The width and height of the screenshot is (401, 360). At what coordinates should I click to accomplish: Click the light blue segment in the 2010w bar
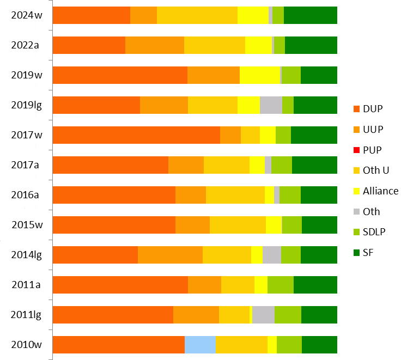pos(200,345)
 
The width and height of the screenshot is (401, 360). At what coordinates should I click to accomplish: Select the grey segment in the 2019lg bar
pos(271,105)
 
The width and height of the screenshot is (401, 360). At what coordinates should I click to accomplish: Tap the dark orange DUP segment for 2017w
pos(136,135)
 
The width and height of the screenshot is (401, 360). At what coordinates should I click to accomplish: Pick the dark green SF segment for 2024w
pos(311,15)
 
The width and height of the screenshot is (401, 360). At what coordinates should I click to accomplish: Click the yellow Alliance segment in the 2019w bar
pos(259,75)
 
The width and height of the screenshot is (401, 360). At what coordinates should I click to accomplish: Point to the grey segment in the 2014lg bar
pos(271,255)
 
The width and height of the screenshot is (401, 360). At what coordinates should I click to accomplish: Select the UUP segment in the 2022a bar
pos(155,45)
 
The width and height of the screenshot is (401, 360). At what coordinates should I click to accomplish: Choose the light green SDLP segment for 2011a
pos(281,285)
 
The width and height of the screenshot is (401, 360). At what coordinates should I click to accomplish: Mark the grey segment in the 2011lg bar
pos(263,315)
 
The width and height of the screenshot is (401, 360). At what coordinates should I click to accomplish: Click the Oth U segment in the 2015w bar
pos(238,225)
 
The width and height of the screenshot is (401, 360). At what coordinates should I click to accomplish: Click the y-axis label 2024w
pos(27,15)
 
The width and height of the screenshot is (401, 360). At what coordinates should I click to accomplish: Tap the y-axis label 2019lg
pos(27,105)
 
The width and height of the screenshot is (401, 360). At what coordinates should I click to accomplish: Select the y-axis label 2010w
pos(27,345)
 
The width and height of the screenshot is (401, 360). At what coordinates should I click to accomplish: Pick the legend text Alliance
pos(380,191)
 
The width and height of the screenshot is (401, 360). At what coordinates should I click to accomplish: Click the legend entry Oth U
pos(375,170)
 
